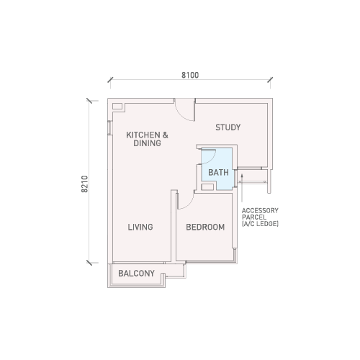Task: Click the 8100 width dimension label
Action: (x=190, y=75)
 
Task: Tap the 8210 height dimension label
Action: (x=85, y=184)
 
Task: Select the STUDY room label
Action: (x=228, y=127)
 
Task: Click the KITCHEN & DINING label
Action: (x=147, y=139)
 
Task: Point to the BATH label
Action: (x=218, y=172)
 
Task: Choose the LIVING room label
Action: (x=140, y=227)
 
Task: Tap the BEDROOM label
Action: (x=205, y=227)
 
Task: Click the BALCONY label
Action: (x=136, y=274)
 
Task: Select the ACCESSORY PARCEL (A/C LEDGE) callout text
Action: (x=260, y=217)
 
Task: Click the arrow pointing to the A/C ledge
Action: (x=242, y=188)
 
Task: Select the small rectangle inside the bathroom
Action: (x=207, y=187)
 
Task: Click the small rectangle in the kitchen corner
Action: (x=117, y=107)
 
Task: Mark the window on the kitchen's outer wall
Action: (x=109, y=127)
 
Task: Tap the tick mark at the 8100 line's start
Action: (x=110, y=80)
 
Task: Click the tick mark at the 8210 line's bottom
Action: (x=89, y=263)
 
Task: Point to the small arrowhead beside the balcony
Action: (x=167, y=277)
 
